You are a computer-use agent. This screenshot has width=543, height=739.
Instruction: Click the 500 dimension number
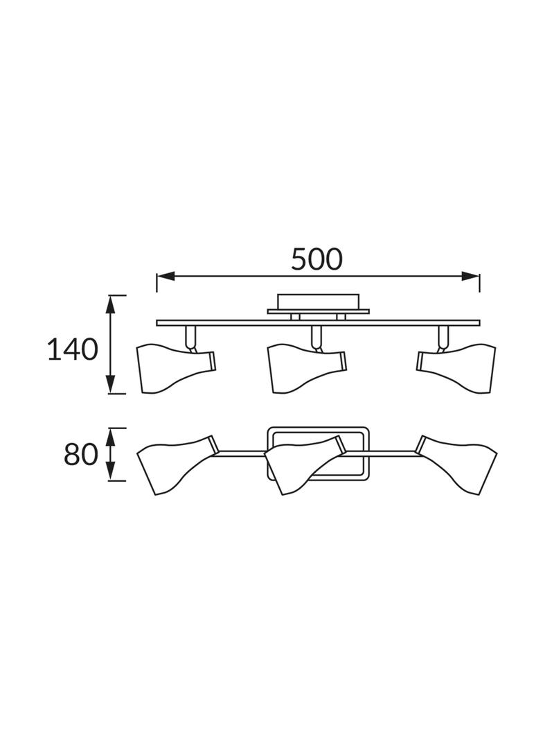tap(316, 259)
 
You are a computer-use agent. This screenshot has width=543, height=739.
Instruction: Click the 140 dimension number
tap(73, 350)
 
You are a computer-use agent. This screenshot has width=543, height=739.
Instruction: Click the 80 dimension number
tap(81, 455)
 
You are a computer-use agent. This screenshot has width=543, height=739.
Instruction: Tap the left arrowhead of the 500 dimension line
tap(166, 277)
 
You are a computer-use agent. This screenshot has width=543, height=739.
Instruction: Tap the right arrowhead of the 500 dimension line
tap(470, 277)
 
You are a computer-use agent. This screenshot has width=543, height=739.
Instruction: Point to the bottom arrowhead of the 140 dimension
tap(110, 383)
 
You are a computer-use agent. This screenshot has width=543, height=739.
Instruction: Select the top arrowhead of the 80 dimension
tap(111, 437)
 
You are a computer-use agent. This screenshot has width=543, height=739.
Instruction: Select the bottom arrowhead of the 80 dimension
tap(111, 471)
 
